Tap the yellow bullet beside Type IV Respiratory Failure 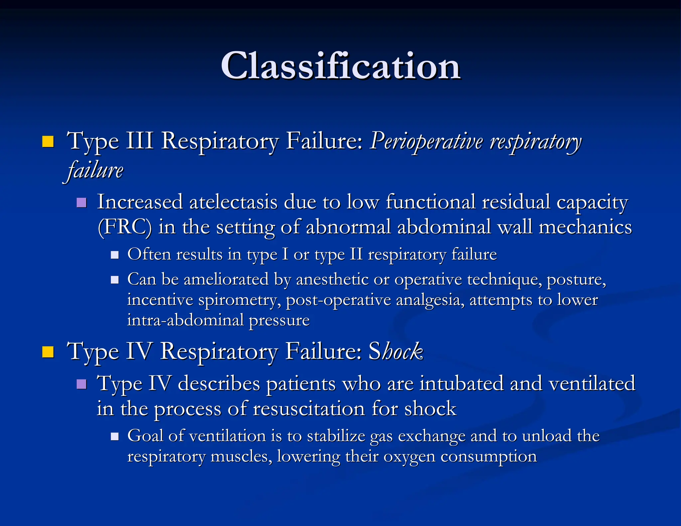pos(48,352)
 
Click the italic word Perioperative pos(426,141)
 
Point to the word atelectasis pos(233,202)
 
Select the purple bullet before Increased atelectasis pos(81,202)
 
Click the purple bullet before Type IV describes pos(81,384)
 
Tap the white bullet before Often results pos(115,255)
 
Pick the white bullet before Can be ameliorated pos(115,280)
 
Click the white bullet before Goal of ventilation pos(115,436)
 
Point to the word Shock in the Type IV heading pos(396,351)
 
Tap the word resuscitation pos(309,409)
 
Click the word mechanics pos(585,227)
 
